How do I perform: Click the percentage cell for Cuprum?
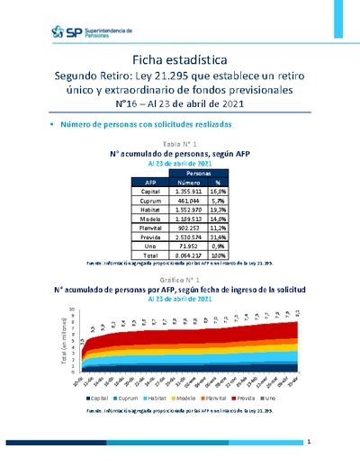coord(240,201)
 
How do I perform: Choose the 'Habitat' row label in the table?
coord(150,210)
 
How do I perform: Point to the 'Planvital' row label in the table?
coord(150,229)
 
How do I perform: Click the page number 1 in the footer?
coord(308,443)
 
